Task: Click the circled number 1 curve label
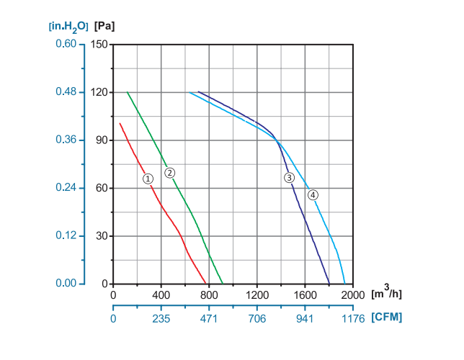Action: pos(148,179)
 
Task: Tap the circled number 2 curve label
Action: pos(169,173)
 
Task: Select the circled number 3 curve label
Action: pos(289,178)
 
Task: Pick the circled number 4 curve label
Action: pos(312,194)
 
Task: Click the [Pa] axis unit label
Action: pos(104,26)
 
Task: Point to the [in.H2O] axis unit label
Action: pos(68,26)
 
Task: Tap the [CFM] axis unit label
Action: pos(387,317)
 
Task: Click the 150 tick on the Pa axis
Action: pos(99,44)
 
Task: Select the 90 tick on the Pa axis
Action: pos(102,140)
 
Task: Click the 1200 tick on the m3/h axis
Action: pos(256,294)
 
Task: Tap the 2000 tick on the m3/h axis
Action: pos(352,294)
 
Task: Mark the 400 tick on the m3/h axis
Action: pos(161,294)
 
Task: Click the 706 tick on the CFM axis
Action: pos(256,317)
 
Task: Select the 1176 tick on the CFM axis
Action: pos(352,317)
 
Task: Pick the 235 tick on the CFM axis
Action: pos(161,317)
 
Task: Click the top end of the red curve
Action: pos(120,123)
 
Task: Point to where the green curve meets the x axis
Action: pos(223,284)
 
